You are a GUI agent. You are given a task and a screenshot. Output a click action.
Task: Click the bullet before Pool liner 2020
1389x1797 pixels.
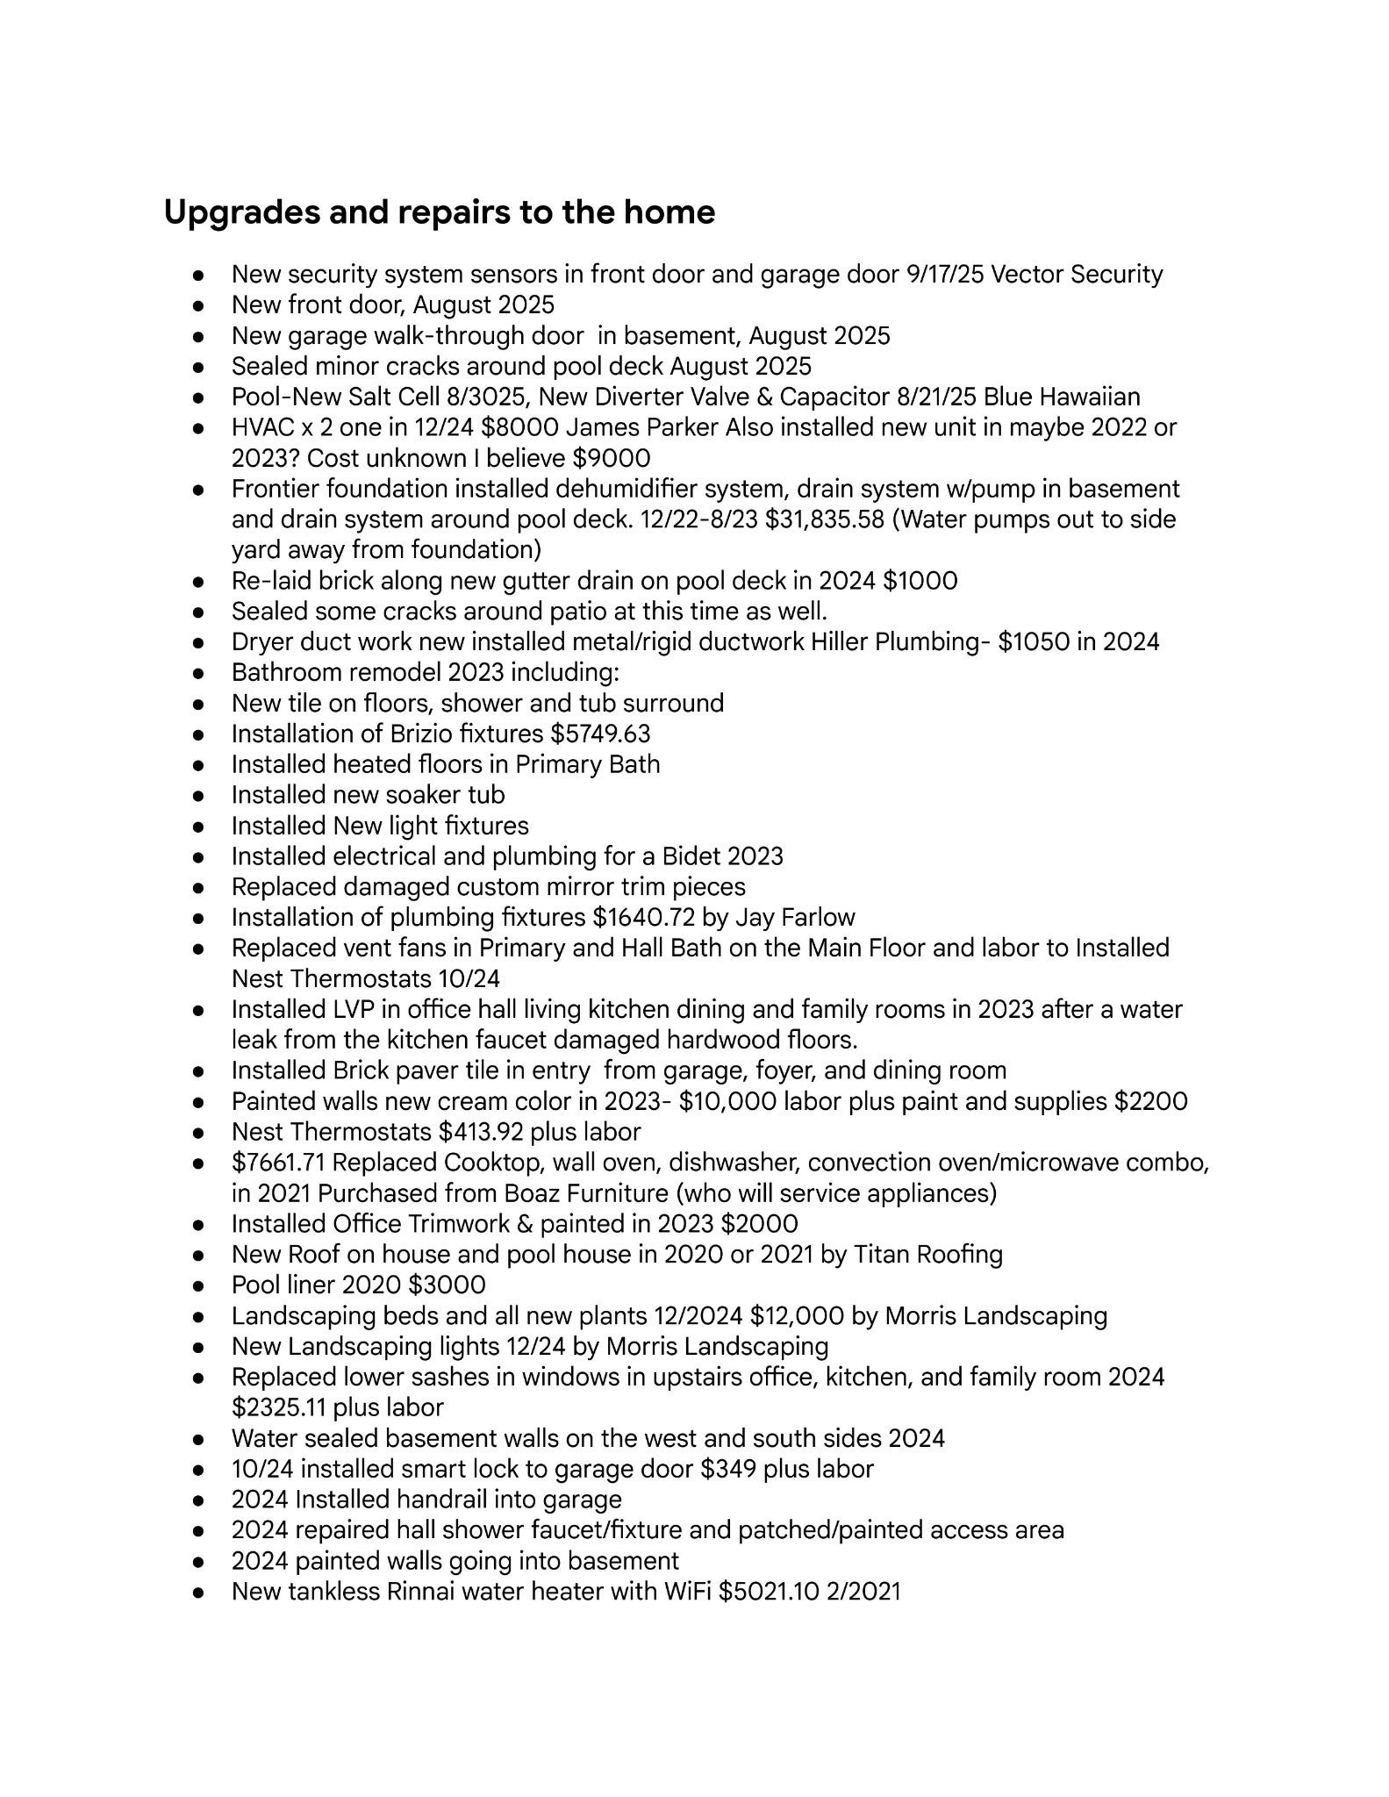point(199,1286)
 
